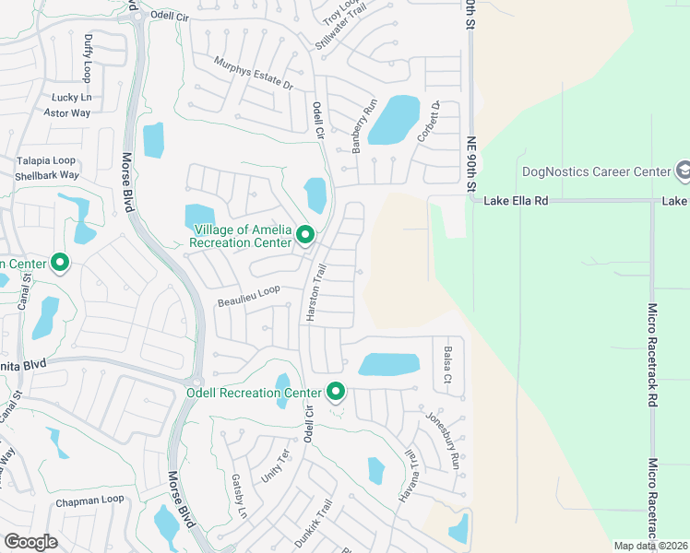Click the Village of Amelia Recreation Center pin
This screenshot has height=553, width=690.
305,238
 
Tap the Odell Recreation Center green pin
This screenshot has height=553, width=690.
337,393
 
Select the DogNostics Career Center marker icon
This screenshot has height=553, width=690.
684,171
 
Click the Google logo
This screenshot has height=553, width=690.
31,541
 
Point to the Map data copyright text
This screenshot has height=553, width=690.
649,546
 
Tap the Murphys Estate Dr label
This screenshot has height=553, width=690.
253,73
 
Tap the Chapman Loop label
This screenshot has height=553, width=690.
89,500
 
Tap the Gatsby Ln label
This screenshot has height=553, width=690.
238,496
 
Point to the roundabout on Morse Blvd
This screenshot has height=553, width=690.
196,382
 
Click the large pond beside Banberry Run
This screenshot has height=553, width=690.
394,120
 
